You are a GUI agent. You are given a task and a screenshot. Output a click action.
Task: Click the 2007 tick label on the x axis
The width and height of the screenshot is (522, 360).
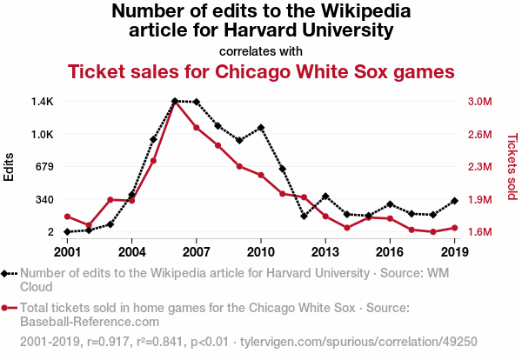pyautogui.click(x=197, y=252)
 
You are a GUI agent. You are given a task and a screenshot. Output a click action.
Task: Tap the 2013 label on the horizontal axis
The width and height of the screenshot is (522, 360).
pyautogui.click(x=325, y=252)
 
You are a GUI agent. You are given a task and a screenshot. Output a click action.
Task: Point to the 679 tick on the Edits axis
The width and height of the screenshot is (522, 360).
pyautogui.click(x=44, y=167)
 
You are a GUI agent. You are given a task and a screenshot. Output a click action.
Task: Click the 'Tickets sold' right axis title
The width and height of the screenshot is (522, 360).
pyautogui.click(x=512, y=166)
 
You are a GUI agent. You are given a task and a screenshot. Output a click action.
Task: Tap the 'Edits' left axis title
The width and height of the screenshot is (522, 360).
pyautogui.click(x=10, y=166)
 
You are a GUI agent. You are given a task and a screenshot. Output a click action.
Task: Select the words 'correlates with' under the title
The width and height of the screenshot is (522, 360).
pyautogui.click(x=261, y=50)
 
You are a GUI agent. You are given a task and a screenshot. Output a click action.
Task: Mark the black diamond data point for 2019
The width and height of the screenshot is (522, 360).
pyautogui.click(x=455, y=201)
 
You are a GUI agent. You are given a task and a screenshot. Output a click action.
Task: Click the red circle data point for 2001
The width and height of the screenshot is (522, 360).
pyautogui.click(x=68, y=217)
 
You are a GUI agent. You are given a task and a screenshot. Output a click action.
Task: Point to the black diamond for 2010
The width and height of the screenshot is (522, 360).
pyautogui.click(x=261, y=128)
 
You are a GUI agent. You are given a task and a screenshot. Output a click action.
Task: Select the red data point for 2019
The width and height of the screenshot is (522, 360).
pyautogui.click(x=455, y=228)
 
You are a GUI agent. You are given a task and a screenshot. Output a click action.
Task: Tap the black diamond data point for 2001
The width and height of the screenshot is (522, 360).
pyautogui.click(x=68, y=232)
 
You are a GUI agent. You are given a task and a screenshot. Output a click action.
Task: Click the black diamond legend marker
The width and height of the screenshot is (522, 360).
pyautogui.click(x=8, y=273)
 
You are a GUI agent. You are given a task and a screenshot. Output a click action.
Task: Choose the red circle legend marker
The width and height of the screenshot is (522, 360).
pyautogui.click(x=8, y=308)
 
